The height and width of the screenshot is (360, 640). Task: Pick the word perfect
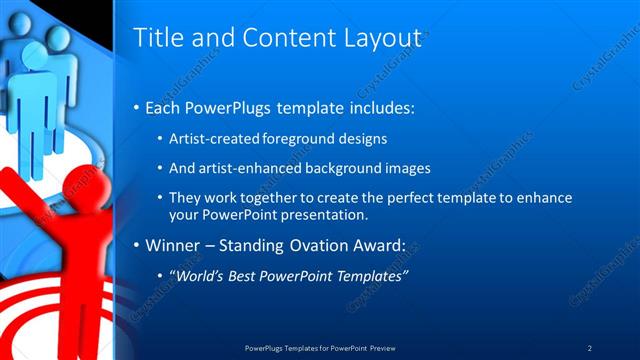click(392, 198)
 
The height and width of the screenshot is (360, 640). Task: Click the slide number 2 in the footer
click(590, 348)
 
